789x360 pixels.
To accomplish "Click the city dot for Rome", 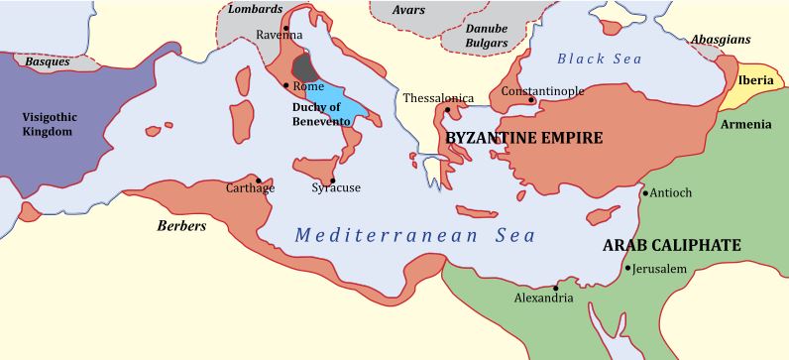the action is click(x=285, y=85).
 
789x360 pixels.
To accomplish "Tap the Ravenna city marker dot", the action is click(x=285, y=28).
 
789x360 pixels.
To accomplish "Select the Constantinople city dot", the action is click(x=531, y=99).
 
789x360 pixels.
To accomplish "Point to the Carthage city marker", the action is click(x=259, y=180).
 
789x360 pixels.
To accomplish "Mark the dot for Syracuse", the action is click(x=332, y=180).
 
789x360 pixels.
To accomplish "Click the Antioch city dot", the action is click(x=645, y=192).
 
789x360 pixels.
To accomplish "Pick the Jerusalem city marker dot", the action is click(x=627, y=267).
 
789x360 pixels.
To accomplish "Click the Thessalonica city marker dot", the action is click(x=448, y=109).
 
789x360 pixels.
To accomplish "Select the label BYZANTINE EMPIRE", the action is click(x=523, y=138).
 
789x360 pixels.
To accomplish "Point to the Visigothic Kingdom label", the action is click(x=49, y=123).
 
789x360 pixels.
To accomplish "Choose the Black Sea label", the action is click(x=600, y=59).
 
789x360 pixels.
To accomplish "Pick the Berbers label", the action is click(x=181, y=226).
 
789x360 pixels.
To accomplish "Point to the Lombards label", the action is click(x=249, y=9).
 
